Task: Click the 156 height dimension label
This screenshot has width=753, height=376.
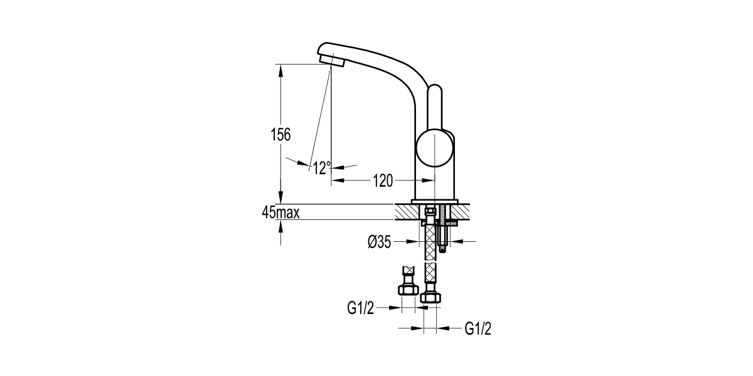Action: coord(280,135)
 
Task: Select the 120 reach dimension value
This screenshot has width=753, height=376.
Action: coord(383,181)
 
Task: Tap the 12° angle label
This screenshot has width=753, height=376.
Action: coord(322,168)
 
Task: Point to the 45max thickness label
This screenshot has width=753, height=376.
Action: coord(280,212)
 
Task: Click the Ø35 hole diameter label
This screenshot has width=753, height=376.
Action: coord(380,242)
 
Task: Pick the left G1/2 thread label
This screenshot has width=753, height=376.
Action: coord(360,308)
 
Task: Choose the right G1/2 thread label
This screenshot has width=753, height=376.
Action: coord(478,328)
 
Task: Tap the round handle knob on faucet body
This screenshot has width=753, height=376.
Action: coord(435,148)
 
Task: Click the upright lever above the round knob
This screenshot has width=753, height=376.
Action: coord(435,107)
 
